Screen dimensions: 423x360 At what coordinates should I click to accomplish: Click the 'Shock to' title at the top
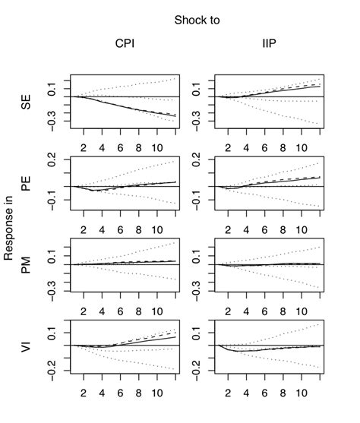(x=197, y=20)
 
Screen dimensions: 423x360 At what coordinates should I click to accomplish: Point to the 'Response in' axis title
(x=10, y=226)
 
